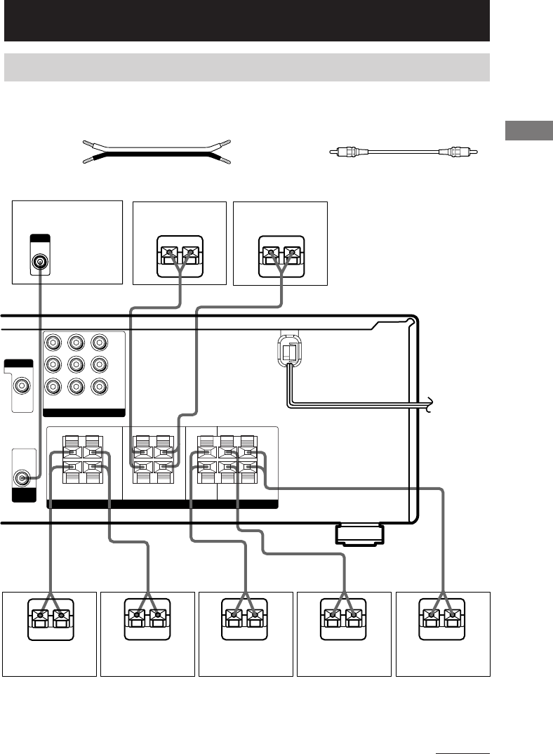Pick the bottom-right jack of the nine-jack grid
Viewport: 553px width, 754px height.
click(99, 386)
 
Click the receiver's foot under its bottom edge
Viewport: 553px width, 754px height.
click(359, 534)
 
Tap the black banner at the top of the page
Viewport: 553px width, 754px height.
click(246, 20)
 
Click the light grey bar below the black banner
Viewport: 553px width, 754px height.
click(246, 67)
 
